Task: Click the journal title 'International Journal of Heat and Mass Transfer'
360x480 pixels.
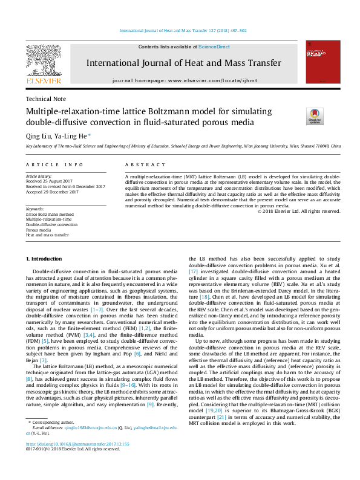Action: click(183, 63)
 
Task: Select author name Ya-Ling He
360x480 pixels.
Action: click(73, 136)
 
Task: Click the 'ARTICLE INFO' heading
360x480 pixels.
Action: click(54, 164)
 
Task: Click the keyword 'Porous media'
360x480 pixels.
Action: click(39, 230)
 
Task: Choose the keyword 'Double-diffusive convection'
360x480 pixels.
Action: click(51, 224)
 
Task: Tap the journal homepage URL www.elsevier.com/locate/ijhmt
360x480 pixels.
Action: click(212, 80)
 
